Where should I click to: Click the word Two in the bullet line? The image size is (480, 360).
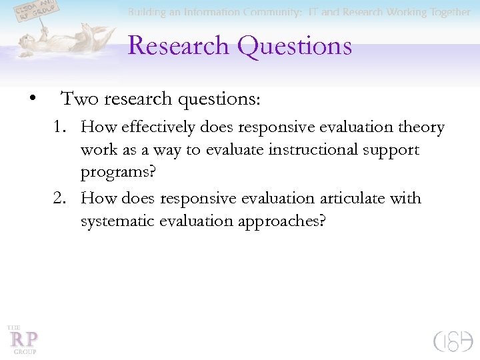tap(76, 99)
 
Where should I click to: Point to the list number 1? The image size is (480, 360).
tap(61, 127)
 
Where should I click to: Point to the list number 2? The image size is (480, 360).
tap(61, 199)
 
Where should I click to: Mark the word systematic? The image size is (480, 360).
tap(117, 221)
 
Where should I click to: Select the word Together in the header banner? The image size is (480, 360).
tap(447, 13)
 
